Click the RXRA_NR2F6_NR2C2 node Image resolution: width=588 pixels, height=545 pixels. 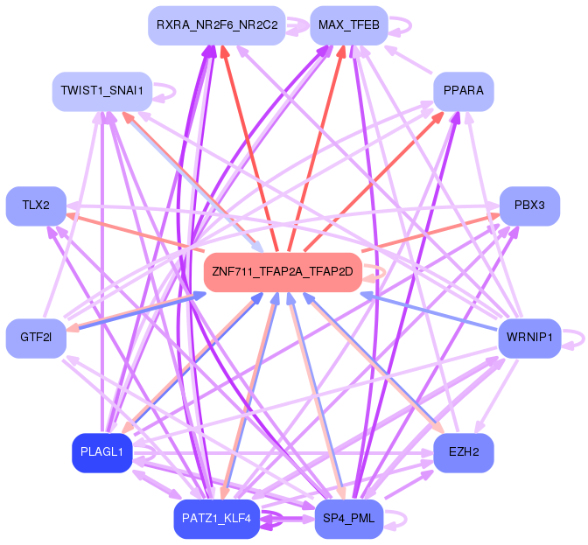[217, 25]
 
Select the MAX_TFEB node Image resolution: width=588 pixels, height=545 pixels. [349, 25]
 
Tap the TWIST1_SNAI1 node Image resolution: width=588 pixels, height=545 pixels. [102, 91]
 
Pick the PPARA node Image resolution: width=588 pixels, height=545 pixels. [464, 91]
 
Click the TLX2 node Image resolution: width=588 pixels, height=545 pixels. [36, 206]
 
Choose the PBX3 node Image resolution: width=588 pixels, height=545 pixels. [529, 206]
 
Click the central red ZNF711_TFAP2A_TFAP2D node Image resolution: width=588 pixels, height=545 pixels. [283, 272]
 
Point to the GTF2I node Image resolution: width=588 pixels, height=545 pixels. [36, 338]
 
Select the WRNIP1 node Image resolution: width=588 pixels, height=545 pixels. [529, 338]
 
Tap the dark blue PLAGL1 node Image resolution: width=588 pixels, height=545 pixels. [102, 453]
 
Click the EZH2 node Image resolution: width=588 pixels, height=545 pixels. [464, 453]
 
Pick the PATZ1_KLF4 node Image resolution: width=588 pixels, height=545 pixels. [216, 519]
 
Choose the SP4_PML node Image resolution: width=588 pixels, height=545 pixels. [349, 519]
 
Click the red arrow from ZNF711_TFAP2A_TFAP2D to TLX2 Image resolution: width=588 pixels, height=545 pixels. [135, 231]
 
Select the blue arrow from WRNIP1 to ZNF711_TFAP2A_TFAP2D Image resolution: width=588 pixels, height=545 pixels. [430, 312]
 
